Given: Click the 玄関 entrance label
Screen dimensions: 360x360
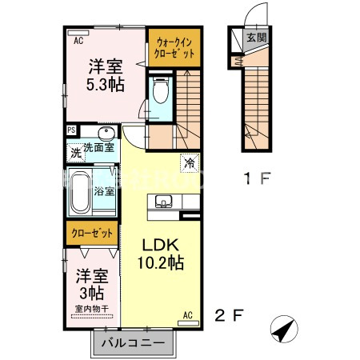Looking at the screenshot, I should [255, 37].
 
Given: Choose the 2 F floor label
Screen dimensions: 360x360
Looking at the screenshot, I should [226, 315].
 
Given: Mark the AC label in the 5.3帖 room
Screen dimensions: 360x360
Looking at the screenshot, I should [78, 39].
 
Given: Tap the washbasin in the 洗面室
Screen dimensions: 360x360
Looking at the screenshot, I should [105, 134].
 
